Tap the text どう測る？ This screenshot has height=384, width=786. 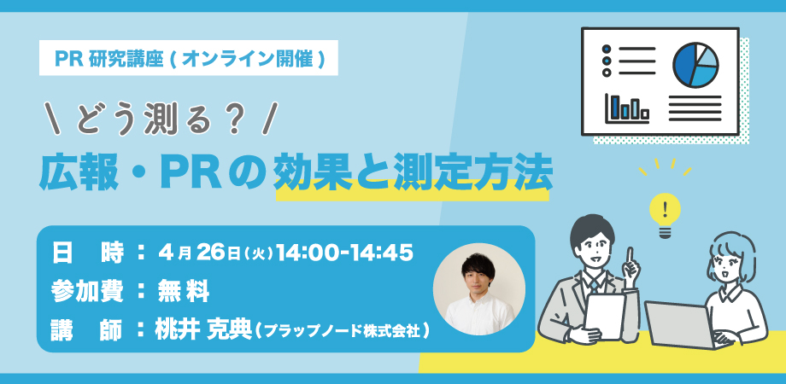click(158, 119)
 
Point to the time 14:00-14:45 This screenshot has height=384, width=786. click(345, 252)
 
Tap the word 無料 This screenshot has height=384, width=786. click(183, 291)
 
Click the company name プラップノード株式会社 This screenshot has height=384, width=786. click(342, 330)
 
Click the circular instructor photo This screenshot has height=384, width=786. click(478, 289)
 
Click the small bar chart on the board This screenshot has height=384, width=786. click(627, 108)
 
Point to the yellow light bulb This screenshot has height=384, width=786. click(666, 209)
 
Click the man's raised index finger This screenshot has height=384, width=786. click(627, 255)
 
